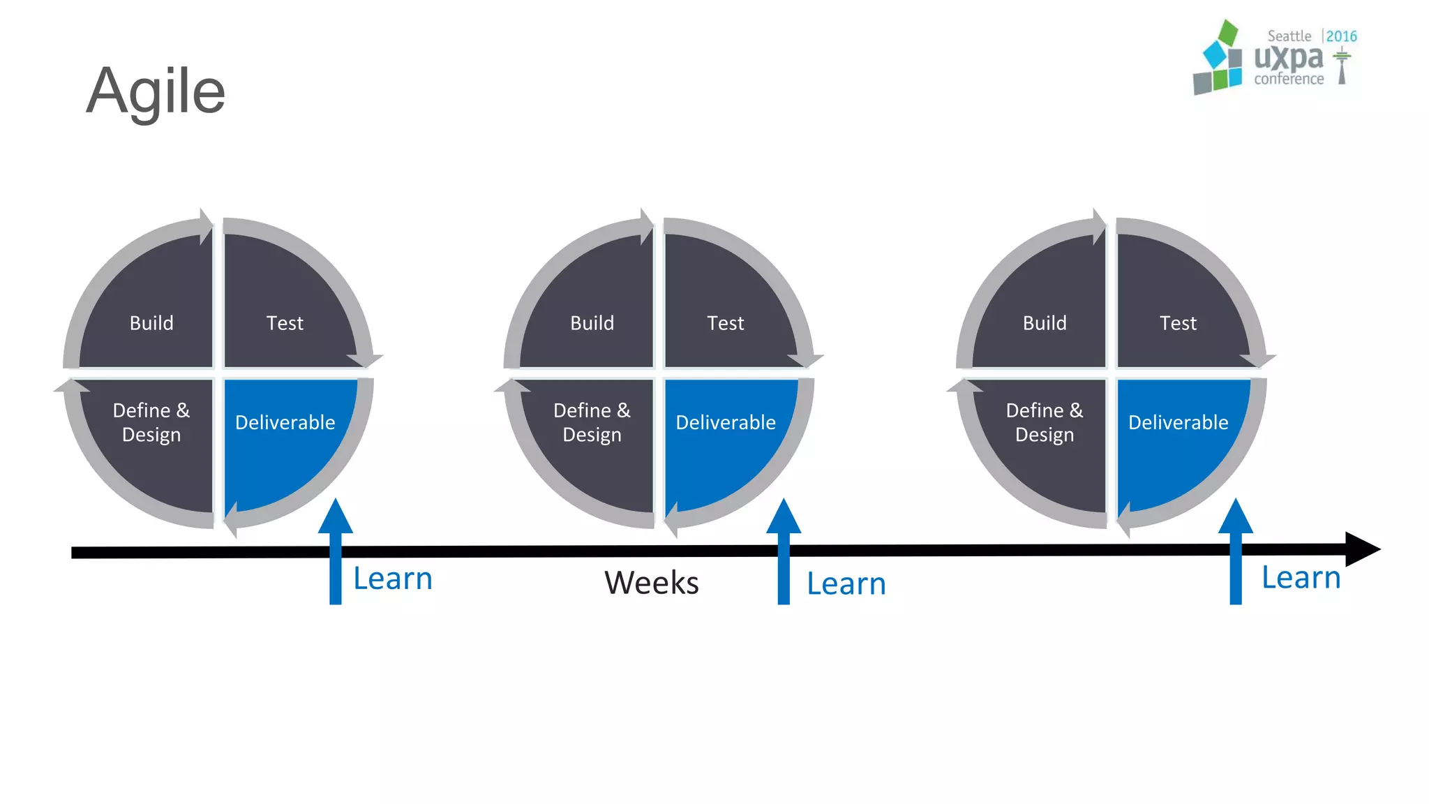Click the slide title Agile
coord(156,91)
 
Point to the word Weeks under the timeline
coord(651,583)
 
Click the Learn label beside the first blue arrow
coord(393,579)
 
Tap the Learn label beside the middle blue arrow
coord(846,583)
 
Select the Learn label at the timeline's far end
coord(1301,578)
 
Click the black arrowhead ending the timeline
coord(1361,549)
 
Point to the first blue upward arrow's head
coord(336,517)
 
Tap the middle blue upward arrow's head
coord(784,517)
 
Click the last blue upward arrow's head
coord(1236,517)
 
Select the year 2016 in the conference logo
coord(1341,36)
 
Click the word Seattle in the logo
coord(1289,36)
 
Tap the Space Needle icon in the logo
coord(1341,66)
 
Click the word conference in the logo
coord(1289,79)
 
